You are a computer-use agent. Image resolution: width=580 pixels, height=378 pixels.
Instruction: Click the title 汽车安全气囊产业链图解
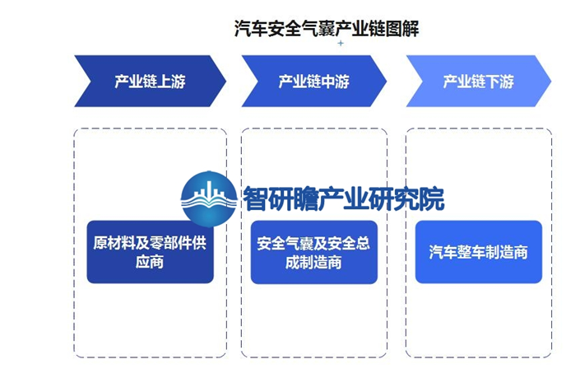327,29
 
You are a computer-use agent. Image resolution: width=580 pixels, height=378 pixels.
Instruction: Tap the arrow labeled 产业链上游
150,81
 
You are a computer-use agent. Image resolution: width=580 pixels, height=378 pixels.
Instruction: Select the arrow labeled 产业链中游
313,81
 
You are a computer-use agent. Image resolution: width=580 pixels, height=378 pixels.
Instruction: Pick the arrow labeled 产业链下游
478,81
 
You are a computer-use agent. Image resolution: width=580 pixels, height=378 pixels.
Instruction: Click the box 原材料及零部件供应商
150,252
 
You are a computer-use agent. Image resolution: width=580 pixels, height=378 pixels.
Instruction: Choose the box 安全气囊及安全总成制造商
313,253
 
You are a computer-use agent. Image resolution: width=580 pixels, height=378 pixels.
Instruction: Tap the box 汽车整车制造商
478,252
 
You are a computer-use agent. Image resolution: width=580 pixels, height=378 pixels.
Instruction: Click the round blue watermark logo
209,198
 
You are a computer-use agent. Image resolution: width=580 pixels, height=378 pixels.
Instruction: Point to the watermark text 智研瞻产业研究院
343,198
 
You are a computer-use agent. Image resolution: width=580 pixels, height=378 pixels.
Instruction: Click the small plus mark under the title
341,44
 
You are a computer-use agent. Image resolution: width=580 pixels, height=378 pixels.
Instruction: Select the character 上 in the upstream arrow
165,82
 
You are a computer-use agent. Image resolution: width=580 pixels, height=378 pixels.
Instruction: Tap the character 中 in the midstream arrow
328,82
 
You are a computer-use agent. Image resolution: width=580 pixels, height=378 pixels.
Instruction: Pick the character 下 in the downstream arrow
493,82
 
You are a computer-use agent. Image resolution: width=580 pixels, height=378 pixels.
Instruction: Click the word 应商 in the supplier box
150,262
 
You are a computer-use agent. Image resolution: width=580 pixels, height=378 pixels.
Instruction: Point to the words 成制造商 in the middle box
313,263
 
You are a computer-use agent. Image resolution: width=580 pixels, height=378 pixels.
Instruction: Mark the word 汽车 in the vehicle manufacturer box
443,252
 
